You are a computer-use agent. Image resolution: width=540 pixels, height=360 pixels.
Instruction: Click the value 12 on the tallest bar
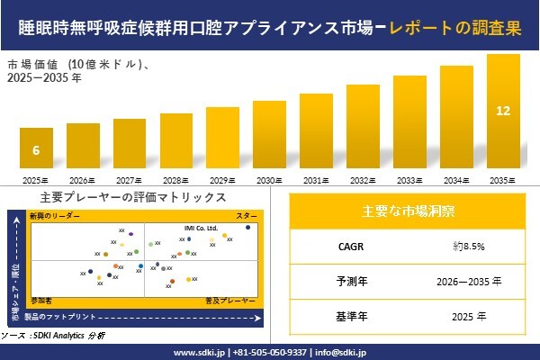click(x=503, y=111)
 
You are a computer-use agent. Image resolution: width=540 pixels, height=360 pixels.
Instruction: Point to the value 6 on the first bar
click(x=36, y=149)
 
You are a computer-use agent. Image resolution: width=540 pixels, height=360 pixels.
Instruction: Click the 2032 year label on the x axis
click(x=363, y=181)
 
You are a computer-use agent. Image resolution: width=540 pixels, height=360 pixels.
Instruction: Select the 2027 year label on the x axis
click(x=130, y=181)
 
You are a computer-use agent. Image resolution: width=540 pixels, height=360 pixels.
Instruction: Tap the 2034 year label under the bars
click(x=456, y=181)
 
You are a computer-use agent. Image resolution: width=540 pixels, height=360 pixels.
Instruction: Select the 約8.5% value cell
click(x=468, y=245)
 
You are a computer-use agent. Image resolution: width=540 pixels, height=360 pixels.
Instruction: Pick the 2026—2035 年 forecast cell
click(x=468, y=281)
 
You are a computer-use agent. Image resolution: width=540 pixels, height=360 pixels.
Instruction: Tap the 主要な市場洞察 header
click(x=408, y=211)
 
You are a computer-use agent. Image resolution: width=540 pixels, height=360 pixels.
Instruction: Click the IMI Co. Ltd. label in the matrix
click(x=201, y=229)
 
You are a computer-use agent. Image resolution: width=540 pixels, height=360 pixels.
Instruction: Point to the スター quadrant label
click(x=247, y=217)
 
